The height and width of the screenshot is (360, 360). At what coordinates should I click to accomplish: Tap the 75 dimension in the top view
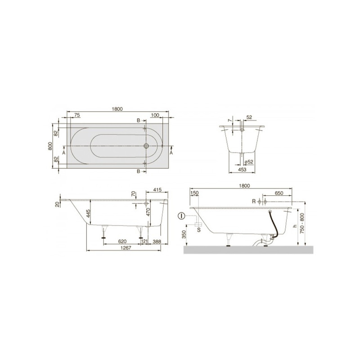tap(77, 116)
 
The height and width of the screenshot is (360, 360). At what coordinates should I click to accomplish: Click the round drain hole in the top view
tap(146, 146)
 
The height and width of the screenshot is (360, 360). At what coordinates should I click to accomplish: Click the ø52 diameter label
tap(247, 162)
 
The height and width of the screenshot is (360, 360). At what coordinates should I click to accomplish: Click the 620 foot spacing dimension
tap(121, 242)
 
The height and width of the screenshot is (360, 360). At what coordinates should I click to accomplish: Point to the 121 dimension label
tap(144, 242)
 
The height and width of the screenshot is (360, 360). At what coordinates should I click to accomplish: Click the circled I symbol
tap(181, 216)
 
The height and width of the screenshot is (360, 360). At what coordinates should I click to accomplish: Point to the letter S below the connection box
tap(198, 229)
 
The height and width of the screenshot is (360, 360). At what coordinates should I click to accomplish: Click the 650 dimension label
tap(279, 193)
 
